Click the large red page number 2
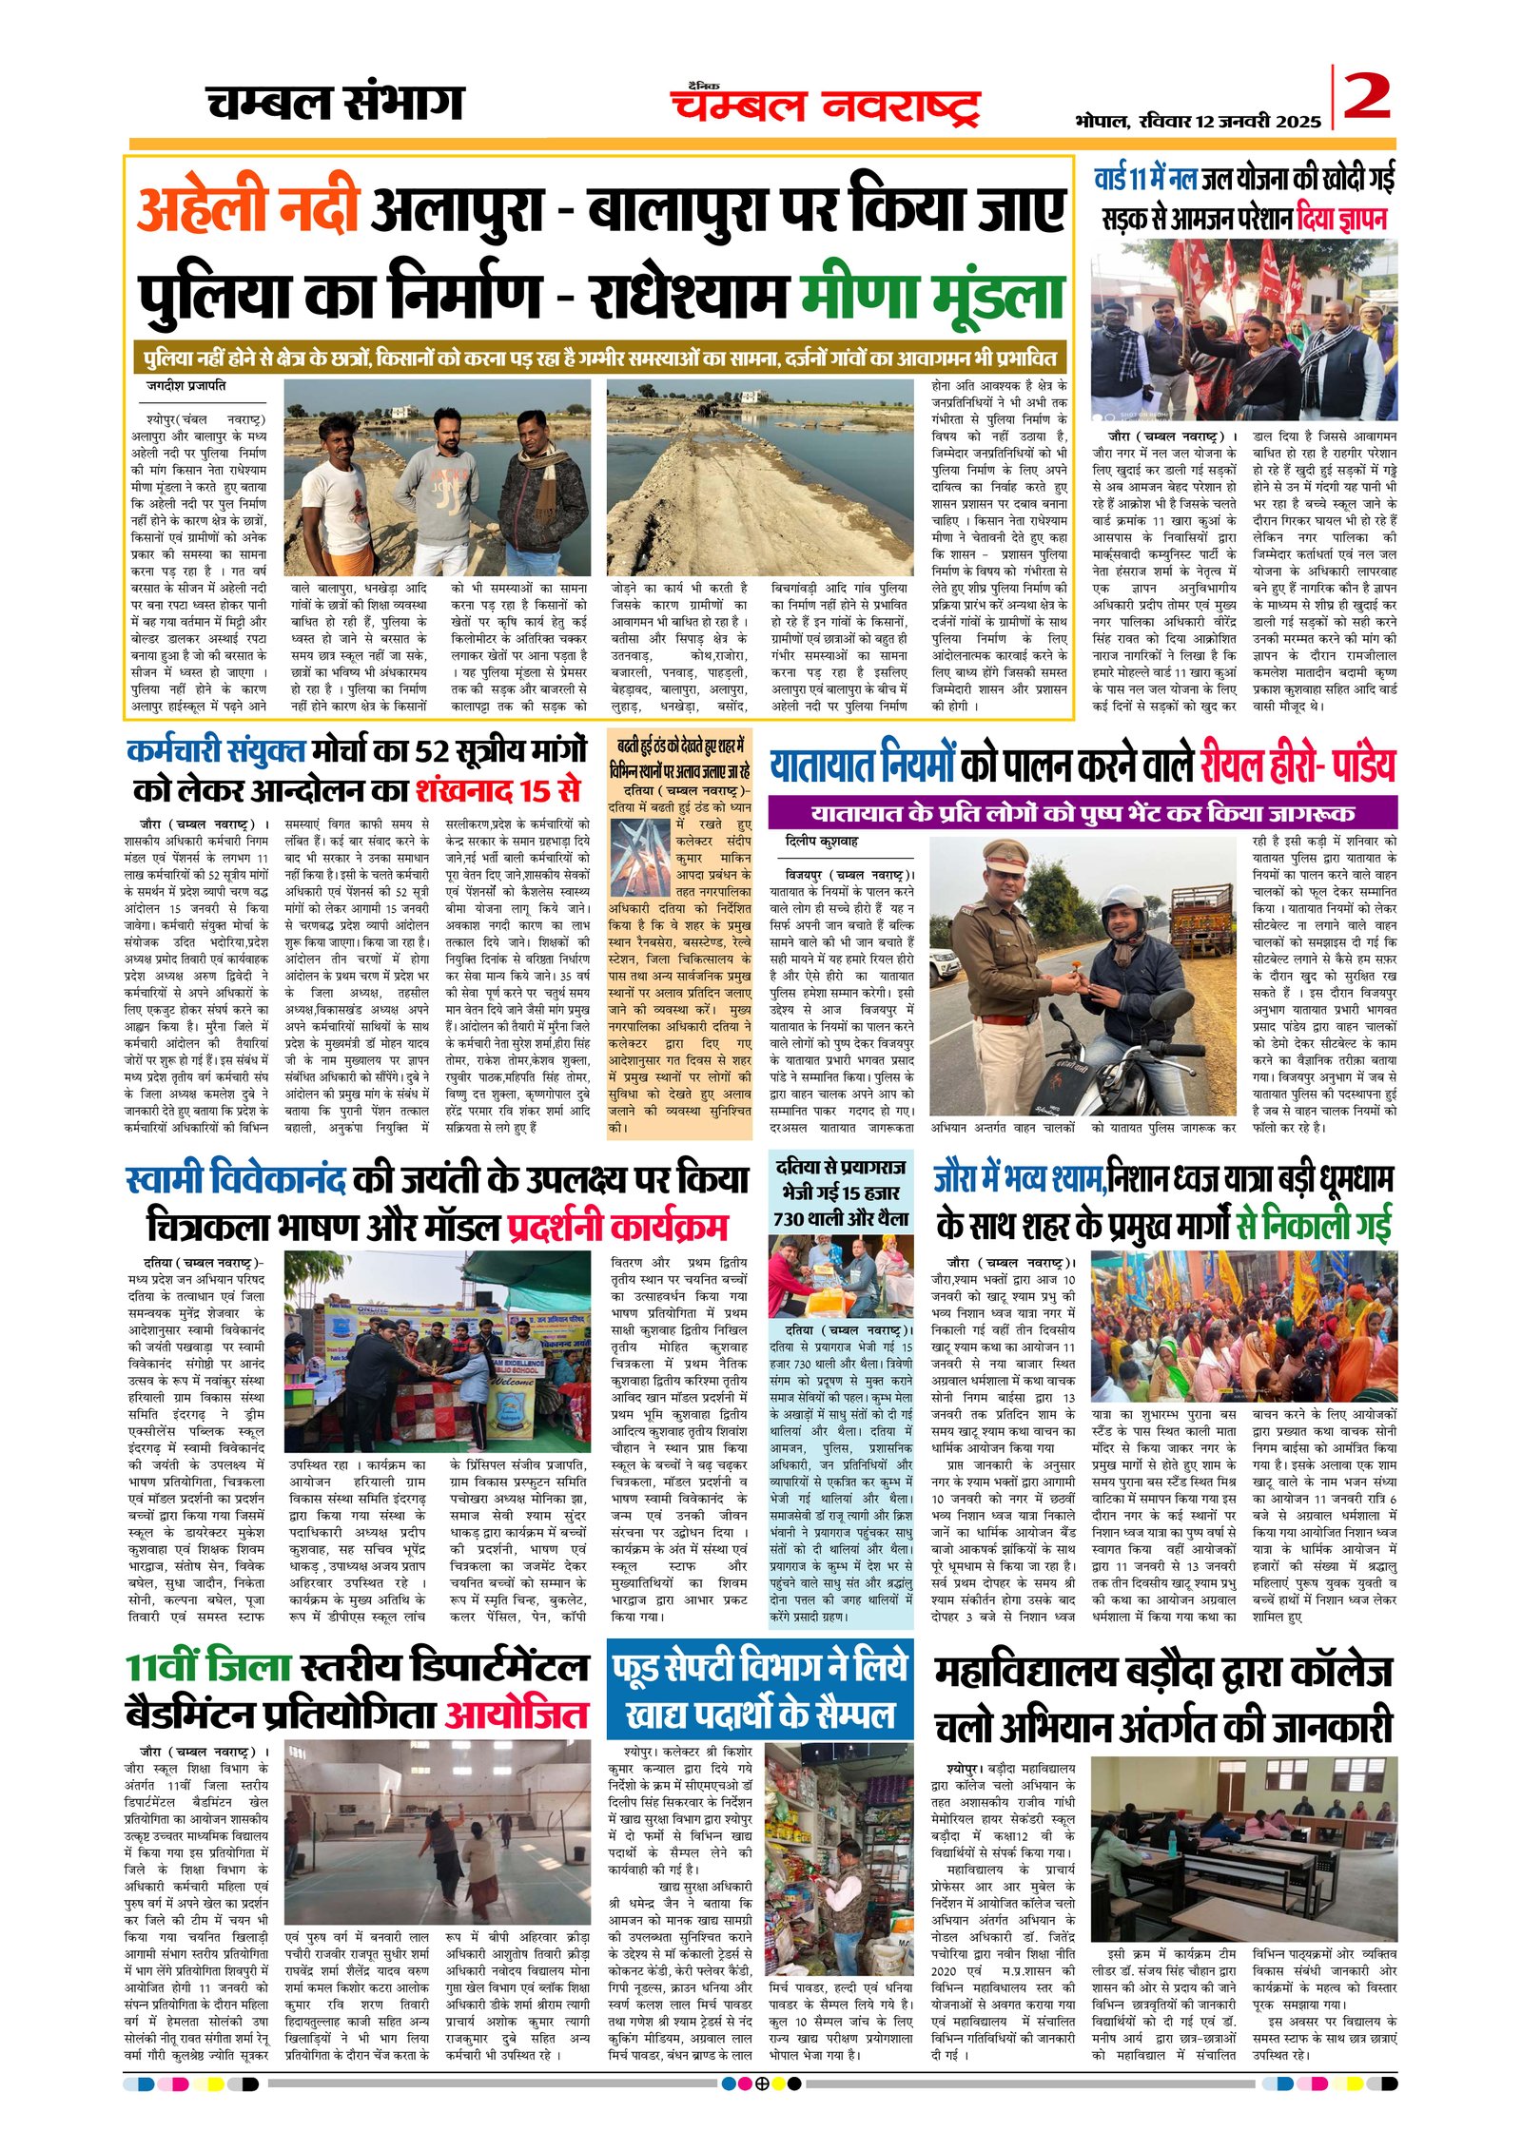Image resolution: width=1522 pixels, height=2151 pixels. [x=1366, y=97]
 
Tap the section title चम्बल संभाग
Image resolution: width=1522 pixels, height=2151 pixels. [x=335, y=103]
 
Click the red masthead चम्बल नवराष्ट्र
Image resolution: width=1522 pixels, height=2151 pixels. [x=825, y=105]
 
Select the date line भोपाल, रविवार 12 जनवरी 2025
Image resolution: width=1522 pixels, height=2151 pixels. [x=1198, y=122]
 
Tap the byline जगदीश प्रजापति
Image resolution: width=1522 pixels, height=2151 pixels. [x=185, y=386]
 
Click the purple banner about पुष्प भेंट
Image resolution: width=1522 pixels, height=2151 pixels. [x=1082, y=813]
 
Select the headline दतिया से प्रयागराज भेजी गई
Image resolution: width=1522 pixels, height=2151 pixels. [x=840, y=1192]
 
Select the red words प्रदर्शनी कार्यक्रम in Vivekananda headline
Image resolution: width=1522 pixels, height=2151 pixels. [x=617, y=1226]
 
